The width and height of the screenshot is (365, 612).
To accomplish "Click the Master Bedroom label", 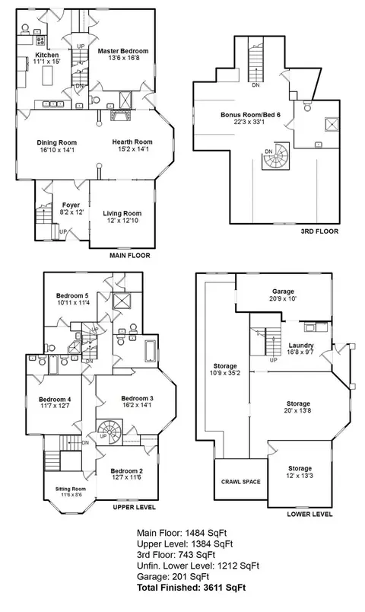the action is click(x=123, y=51).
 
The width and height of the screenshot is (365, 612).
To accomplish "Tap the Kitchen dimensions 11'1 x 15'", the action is click(x=47, y=62).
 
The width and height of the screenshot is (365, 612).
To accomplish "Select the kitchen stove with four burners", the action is click(x=40, y=40).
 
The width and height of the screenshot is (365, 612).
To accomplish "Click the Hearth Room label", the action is click(x=132, y=142).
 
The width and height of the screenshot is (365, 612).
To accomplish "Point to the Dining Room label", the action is click(x=57, y=143).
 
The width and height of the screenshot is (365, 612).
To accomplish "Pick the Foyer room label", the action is click(x=71, y=205).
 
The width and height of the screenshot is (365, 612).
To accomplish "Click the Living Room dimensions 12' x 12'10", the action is click(x=122, y=221).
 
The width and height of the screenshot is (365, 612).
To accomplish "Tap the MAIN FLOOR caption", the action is click(x=130, y=256).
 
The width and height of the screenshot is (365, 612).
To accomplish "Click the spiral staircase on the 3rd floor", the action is click(x=276, y=157).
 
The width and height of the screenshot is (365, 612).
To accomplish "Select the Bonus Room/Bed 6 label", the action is click(x=250, y=115).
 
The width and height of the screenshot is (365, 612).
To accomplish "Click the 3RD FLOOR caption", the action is click(x=319, y=231).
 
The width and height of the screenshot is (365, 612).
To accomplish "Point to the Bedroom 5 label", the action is click(x=75, y=295).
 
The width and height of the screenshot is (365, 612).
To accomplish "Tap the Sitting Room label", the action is click(x=70, y=489).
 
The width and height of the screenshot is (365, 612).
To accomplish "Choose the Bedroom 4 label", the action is click(x=55, y=400).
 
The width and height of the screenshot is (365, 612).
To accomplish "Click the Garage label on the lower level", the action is click(x=283, y=292).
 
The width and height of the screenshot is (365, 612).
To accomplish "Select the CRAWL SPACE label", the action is click(x=240, y=482).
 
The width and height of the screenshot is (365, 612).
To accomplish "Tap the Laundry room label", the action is click(x=301, y=346).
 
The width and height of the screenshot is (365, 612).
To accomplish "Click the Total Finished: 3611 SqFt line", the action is click(x=191, y=588).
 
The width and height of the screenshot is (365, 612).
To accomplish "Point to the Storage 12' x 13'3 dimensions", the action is click(x=300, y=476).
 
